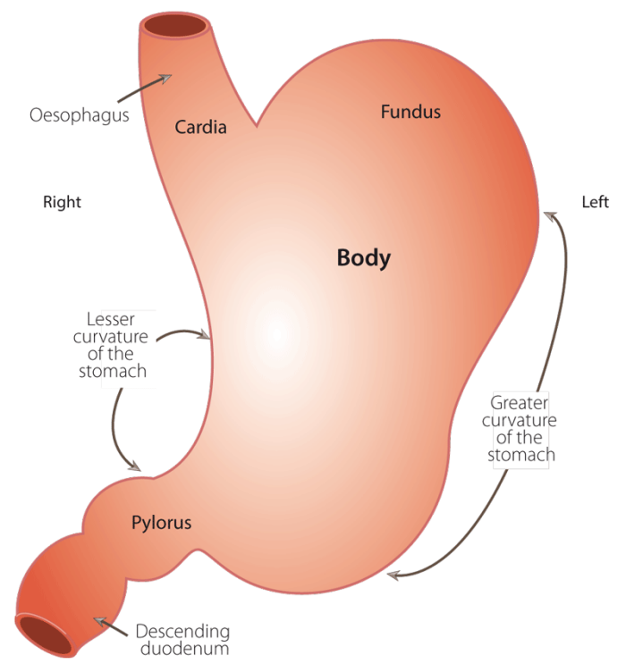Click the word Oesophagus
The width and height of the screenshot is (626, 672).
[x=80, y=115]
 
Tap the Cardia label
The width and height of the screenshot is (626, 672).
[x=200, y=127]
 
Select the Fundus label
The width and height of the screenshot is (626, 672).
[x=410, y=112]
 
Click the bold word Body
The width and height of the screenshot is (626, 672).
[x=363, y=258]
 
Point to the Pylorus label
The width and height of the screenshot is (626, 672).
[x=161, y=522]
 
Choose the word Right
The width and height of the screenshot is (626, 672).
[x=62, y=202]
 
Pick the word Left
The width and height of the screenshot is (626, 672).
[x=595, y=202]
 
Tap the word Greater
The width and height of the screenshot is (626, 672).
[x=520, y=403]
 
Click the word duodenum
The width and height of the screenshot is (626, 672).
[x=183, y=650]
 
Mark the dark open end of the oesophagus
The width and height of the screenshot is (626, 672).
[x=177, y=27]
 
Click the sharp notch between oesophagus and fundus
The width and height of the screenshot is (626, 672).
[x=257, y=126]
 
